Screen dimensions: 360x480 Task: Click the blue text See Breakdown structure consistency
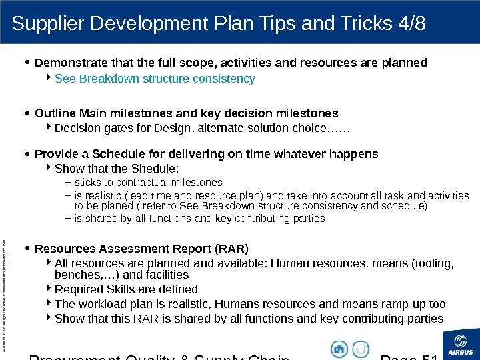[155, 79]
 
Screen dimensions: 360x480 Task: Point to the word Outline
[55, 113]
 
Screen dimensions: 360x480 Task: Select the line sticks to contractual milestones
[148, 182]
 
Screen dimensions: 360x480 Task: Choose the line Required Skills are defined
[126, 289]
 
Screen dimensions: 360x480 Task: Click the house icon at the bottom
[339, 348]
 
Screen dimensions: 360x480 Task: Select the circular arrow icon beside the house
[360, 348]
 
